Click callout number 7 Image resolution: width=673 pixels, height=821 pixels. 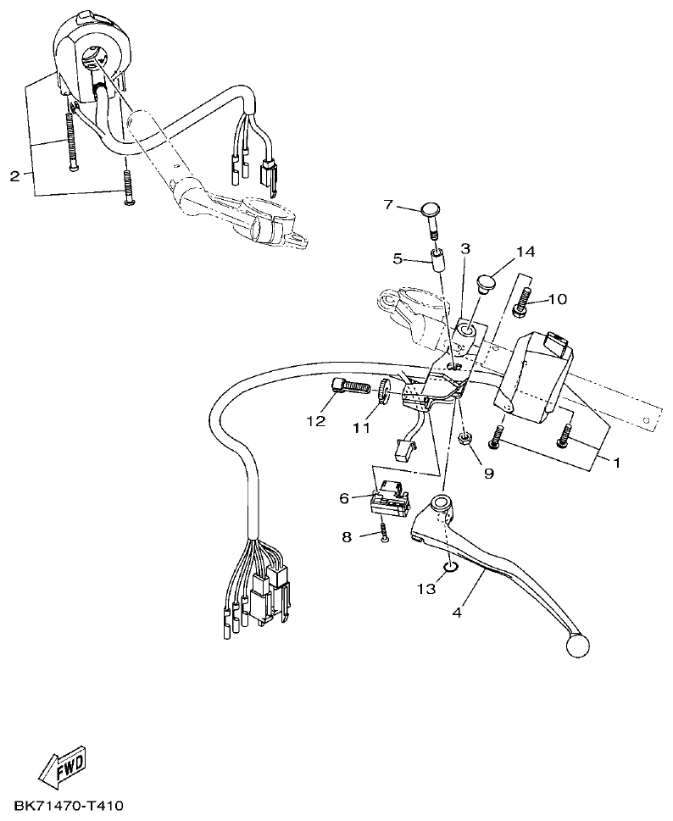pyautogui.click(x=388, y=205)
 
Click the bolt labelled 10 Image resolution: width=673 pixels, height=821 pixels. pyautogui.click(x=523, y=302)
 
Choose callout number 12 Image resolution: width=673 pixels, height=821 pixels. pyautogui.click(x=315, y=421)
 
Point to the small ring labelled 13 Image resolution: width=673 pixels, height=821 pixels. pyautogui.click(x=449, y=567)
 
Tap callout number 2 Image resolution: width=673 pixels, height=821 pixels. pyautogui.click(x=14, y=176)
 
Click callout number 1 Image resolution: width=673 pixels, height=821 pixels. pyautogui.click(x=616, y=463)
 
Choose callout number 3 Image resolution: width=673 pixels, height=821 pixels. pyautogui.click(x=464, y=249)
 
